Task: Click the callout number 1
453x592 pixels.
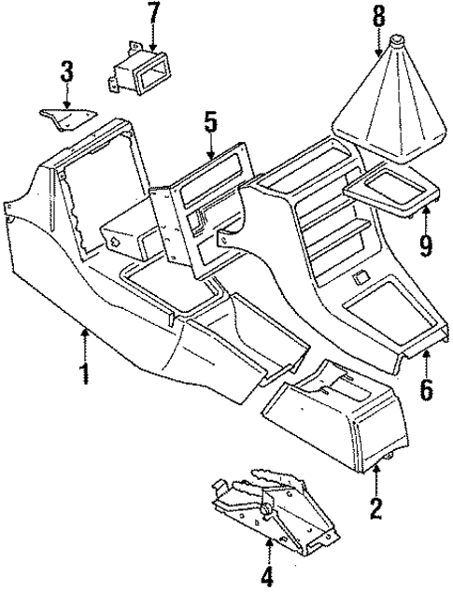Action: point(86,376)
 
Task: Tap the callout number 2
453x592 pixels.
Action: point(375,509)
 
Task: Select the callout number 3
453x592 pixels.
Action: point(66,71)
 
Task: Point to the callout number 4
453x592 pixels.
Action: point(266,574)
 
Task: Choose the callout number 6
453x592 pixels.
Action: point(426,389)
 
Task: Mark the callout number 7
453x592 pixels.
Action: point(154,14)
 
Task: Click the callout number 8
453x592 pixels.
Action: point(378,16)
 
